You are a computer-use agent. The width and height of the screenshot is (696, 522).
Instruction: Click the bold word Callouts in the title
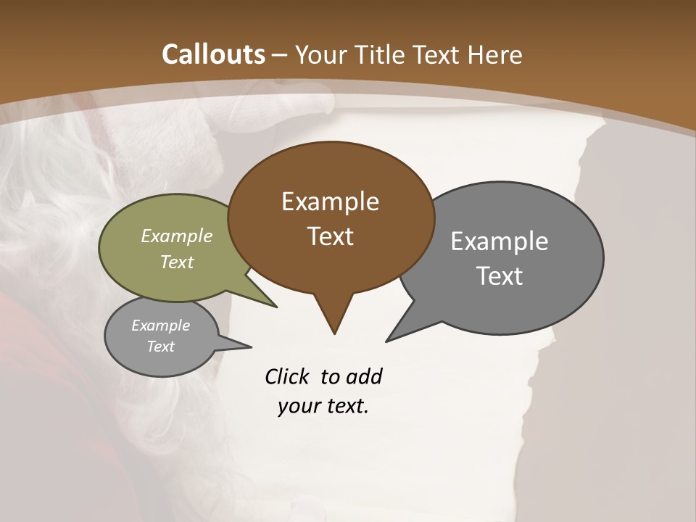(214, 54)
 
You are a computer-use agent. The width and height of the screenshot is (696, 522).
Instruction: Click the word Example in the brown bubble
(330, 202)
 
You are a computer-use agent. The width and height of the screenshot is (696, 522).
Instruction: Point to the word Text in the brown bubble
(330, 236)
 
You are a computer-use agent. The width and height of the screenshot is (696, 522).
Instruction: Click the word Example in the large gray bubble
(500, 241)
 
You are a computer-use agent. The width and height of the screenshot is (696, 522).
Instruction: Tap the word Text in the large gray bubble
(500, 276)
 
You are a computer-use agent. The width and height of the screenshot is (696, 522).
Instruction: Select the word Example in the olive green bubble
(177, 236)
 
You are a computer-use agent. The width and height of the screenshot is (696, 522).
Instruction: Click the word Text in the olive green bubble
(177, 262)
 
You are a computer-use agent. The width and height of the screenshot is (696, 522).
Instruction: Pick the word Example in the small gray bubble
(161, 326)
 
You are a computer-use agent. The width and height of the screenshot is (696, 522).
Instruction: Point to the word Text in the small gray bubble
(161, 347)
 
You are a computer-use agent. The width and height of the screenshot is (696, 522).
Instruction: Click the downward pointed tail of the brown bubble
(333, 319)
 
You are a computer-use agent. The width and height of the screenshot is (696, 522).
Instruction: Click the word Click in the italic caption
(289, 376)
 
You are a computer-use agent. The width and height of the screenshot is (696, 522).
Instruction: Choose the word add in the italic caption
(365, 376)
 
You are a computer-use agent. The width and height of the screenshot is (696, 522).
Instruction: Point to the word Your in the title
(322, 54)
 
